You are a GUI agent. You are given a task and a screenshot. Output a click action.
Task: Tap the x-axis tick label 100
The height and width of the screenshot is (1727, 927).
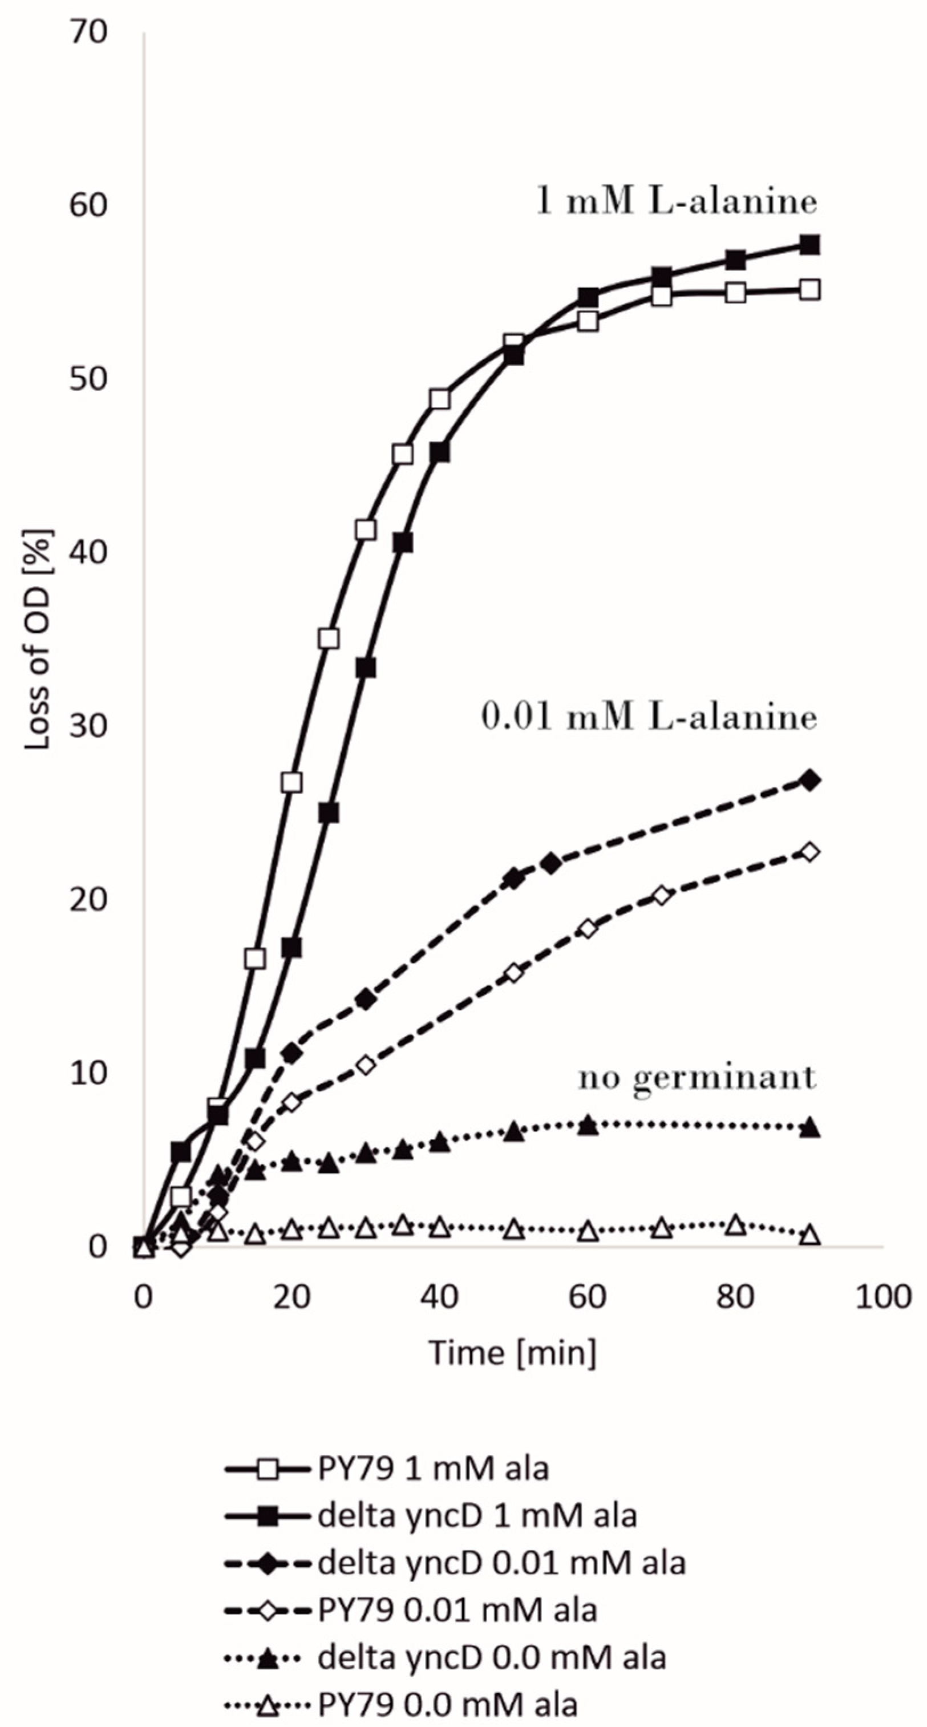883,1297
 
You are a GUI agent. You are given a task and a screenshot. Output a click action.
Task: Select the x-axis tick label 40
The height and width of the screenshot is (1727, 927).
439,1297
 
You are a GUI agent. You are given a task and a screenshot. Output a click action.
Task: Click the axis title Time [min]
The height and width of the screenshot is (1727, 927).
512,1352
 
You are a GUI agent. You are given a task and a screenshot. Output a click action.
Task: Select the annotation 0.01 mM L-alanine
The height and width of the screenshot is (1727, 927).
649,717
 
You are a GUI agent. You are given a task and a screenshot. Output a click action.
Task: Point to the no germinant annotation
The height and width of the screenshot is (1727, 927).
697,1077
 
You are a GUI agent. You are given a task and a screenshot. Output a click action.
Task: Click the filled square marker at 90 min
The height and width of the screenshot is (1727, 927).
809,245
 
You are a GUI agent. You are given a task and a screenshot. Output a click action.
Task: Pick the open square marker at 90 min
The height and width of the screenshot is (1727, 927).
809,290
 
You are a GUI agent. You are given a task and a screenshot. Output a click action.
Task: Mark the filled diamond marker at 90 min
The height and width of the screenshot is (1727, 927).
809,780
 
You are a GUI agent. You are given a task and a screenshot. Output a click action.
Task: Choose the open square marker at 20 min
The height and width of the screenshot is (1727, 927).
292,782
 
